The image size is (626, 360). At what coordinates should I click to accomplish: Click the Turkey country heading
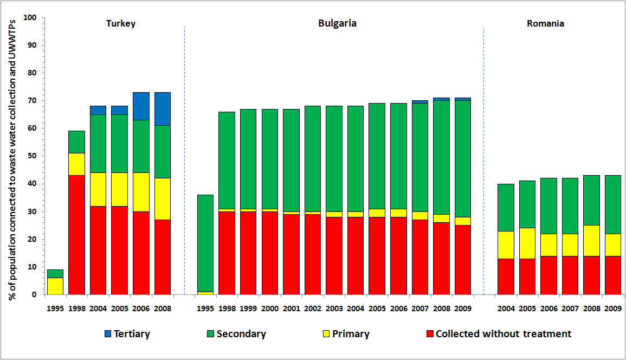click(121, 24)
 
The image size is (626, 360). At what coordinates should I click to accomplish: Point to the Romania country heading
click(545, 24)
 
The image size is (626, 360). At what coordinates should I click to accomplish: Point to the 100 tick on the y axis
click(30, 18)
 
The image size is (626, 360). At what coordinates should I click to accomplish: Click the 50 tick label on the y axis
click(33, 156)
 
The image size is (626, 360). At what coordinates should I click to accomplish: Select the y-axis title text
click(12, 156)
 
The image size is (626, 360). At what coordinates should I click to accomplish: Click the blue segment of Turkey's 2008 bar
click(163, 108)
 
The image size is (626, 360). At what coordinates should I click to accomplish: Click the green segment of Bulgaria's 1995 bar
click(205, 243)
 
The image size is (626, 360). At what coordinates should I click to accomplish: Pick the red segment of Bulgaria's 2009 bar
click(462, 260)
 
